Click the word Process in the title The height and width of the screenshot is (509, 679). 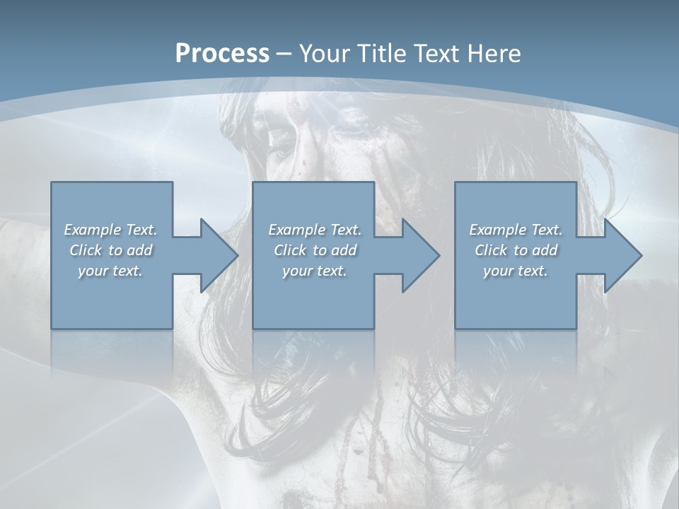[x=222, y=54]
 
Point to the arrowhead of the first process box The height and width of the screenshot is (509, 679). [x=216, y=255]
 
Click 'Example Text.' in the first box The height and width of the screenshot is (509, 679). [x=111, y=230]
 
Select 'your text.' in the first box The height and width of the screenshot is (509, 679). [x=111, y=271]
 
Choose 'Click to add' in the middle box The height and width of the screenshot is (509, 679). [x=315, y=250]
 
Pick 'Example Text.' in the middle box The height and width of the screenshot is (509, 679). [x=315, y=230]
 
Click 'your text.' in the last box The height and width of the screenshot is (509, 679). [x=516, y=271]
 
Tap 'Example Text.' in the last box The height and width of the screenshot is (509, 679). [x=516, y=230]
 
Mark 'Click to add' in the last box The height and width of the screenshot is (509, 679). [x=516, y=250]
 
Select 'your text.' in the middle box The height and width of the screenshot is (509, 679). [x=315, y=271]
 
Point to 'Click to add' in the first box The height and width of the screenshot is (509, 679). [x=111, y=250]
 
